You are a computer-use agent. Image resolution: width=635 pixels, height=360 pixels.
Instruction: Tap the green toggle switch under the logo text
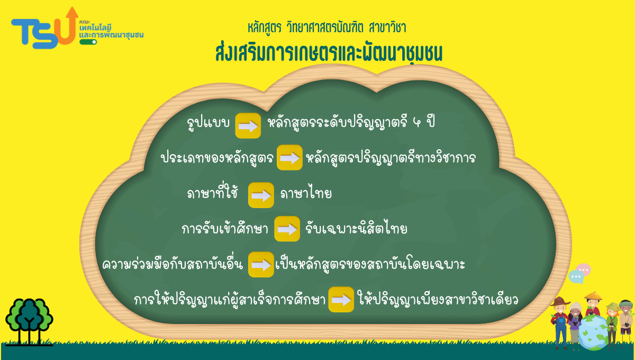[x=88, y=42]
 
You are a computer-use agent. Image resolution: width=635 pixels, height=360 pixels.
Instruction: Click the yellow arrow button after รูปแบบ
[x=248, y=125]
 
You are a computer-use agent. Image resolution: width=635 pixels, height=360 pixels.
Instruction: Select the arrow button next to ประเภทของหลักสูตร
[x=289, y=157]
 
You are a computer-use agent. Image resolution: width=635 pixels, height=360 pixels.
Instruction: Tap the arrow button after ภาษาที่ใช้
[x=261, y=195]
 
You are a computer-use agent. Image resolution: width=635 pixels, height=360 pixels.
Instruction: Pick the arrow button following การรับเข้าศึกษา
[x=287, y=229]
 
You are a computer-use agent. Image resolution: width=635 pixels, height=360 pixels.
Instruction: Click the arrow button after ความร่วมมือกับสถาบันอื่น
[x=261, y=265]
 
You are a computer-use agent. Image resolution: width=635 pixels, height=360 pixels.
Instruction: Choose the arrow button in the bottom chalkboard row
[x=341, y=300]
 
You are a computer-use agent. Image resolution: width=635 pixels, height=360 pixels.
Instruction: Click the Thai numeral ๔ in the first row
[x=417, y=122]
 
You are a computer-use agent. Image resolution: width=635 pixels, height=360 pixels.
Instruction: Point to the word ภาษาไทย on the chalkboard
[x=306, y=194]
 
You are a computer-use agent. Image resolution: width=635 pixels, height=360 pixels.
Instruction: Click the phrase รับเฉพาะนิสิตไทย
[x=356, y=228]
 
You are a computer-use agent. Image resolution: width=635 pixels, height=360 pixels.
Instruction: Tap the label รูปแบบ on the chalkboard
[x=208, y=123]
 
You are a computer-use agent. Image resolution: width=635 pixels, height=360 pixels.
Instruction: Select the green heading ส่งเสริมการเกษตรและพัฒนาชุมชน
[x=329, y=53]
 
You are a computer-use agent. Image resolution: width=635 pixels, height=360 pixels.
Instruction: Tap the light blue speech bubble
[x=576, y=277]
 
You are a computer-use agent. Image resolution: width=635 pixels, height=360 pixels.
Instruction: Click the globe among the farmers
[x=593, y=332]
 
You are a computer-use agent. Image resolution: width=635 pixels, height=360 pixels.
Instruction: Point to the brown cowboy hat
[x=560, y=302]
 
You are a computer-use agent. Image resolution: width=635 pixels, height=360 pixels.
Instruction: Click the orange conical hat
[x=593, y=296]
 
